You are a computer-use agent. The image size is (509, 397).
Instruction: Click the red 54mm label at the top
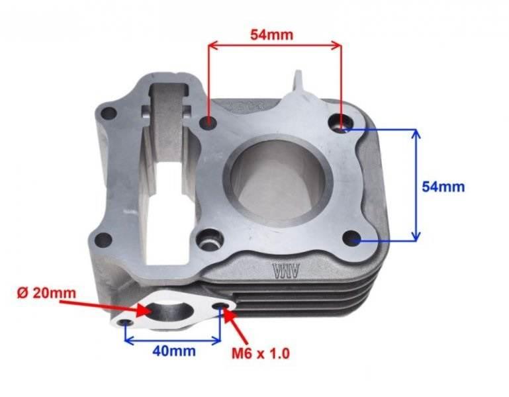point(271,34)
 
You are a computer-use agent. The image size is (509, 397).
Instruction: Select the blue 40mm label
point(173,351)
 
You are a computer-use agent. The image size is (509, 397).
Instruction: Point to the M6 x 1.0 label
point(260,353)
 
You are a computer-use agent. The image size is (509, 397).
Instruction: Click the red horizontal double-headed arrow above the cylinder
point(275,46)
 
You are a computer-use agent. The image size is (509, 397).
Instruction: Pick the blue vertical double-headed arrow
point(416,185)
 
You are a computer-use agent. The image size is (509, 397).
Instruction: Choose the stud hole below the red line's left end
point(209,122)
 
